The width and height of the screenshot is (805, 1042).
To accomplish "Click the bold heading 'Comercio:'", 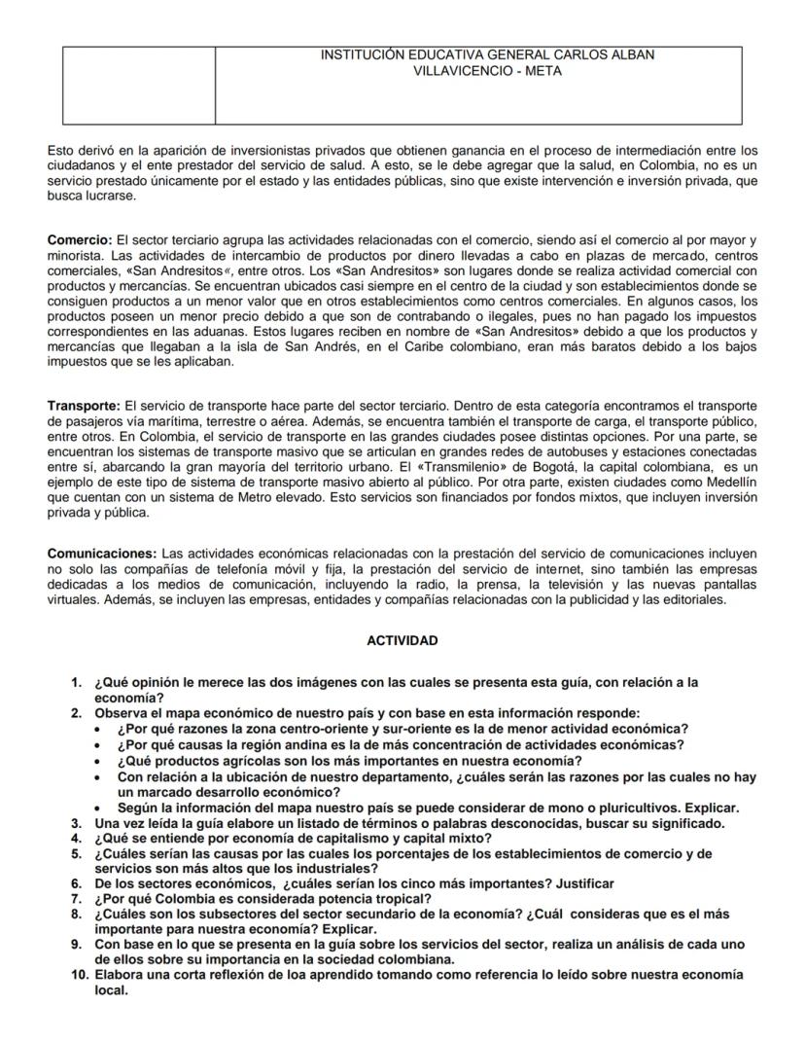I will click(x=80, y=239).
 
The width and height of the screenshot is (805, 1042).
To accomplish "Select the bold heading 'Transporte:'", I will click(x=85, y=405).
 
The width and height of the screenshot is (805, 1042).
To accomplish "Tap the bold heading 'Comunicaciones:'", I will click(x=101, y=554).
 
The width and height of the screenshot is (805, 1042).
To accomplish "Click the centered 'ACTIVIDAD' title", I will click(x=402, y=640).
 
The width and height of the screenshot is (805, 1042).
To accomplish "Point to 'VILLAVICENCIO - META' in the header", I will click(x=487, y=71).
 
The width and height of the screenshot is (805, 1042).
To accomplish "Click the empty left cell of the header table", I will click(x=139, y=86).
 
